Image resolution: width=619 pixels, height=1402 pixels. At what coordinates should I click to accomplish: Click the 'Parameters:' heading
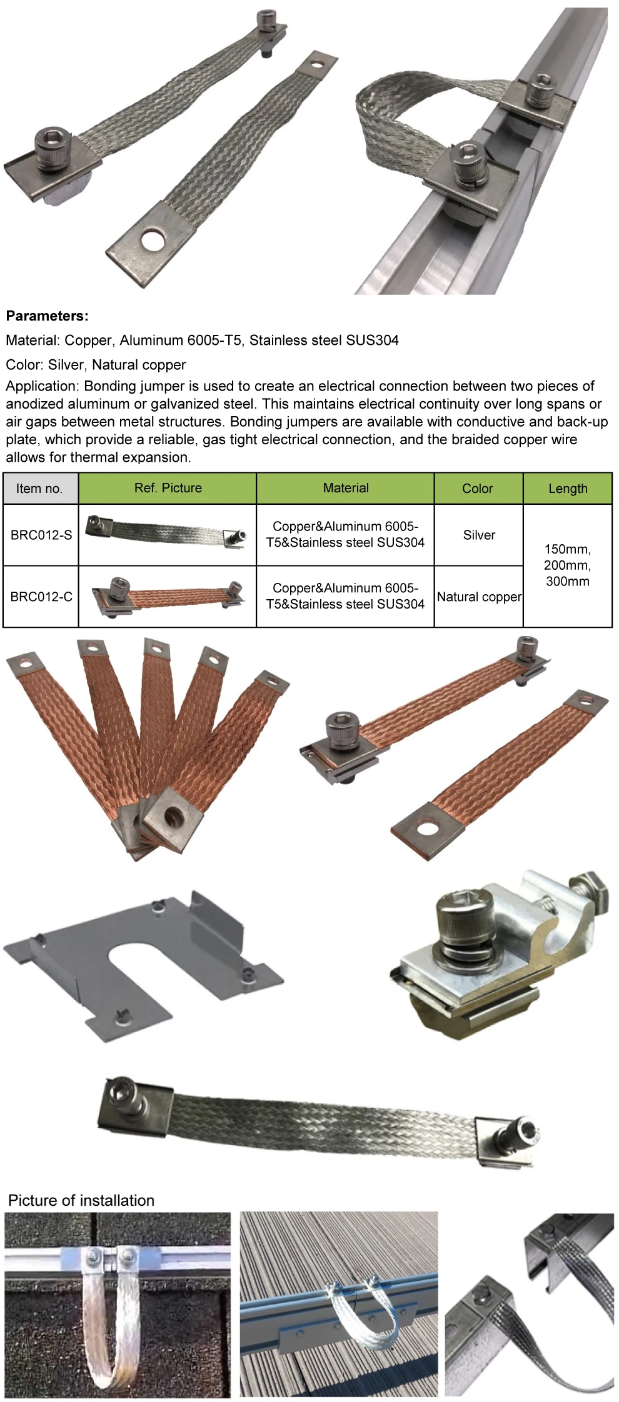pyautogui.click(x=48, y=316)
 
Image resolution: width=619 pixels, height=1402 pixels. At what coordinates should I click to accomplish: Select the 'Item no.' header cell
pyautogui.click(x=39, y=489)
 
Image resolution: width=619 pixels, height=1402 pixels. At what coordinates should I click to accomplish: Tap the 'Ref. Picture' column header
pyautogui.click(x=168, y=488)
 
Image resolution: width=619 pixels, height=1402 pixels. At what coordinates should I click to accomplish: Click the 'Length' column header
pyautogui.click(x=568, y=489)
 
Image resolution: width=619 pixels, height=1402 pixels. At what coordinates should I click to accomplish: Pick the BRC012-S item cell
pyautogui.click(x=41, y=535)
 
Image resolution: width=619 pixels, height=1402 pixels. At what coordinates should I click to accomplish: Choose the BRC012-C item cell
pyautogui.click(x=41, y=597)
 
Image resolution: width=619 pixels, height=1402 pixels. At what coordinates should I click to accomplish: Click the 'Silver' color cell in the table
pyautogui.click(x=479, y=535)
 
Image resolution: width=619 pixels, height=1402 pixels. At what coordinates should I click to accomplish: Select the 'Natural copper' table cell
pyautogui.click(x=479, y=597)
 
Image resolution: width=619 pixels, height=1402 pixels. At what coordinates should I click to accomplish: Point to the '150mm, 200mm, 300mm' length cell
pyautogui.click(x=568, y=565)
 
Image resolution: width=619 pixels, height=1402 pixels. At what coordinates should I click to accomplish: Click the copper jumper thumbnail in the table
pyautogui.click(x=168, y=596)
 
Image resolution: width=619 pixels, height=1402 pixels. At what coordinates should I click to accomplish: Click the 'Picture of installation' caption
pyautogui.click(x=81, y=1200)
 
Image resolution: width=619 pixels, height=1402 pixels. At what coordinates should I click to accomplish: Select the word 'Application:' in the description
pyautogui.click(x=43, y=386)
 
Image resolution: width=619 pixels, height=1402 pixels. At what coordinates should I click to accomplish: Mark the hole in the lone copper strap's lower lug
pyautogui.click(x=427, y=829)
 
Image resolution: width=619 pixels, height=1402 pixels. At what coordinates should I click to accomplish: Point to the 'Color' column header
pyautogui.click(x=478, y=489)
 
